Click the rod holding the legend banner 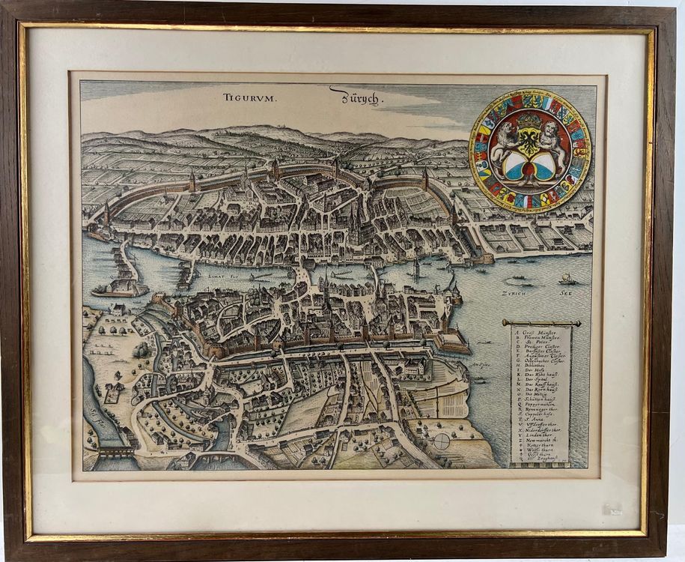click(541, 323)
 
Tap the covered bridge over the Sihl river click(113, 453)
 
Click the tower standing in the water click(415, 268)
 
